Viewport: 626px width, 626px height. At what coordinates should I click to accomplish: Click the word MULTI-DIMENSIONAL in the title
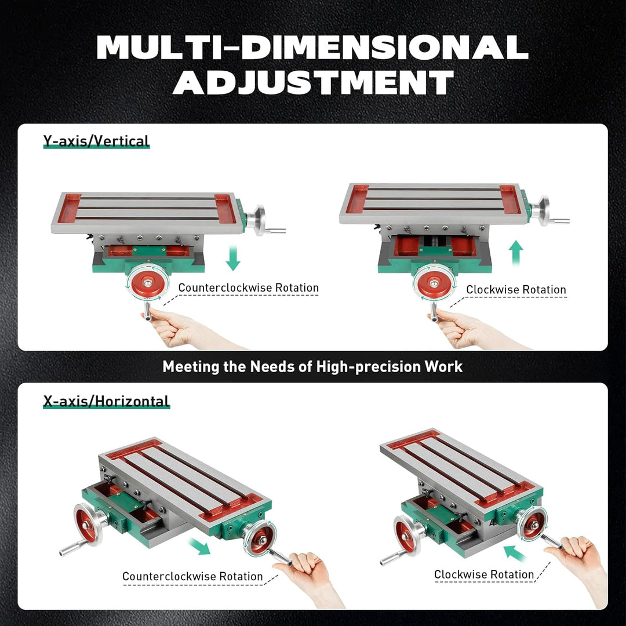click(x=312, y=48)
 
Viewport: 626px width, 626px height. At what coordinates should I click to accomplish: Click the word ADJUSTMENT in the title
click(x=313, y=83)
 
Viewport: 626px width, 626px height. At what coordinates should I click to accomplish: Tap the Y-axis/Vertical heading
click(x=96, y=141)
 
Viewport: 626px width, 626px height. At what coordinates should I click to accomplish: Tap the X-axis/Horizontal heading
click(x=106, y=401)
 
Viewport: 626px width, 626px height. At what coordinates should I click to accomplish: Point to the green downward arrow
click(x=233, y=257)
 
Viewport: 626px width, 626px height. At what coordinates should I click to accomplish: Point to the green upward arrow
click(x=515, y=254)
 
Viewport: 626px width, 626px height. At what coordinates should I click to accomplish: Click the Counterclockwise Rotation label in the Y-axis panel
click(x=248, y=287)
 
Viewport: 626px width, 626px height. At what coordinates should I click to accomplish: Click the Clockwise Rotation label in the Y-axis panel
click(x=515, y=289)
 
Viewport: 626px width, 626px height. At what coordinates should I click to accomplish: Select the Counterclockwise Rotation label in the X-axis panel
click(x=192, y=577)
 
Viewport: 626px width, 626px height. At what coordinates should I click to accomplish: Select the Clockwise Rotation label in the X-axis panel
click(x=483, y=574)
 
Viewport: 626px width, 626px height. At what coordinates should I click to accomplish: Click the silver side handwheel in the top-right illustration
click(x=541, y=210)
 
